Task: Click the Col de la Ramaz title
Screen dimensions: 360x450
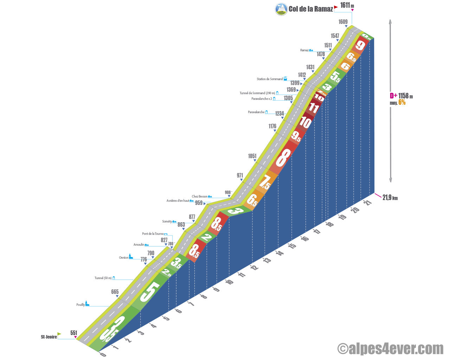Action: (x=310, y=9)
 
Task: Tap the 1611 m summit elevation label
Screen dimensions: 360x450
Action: (x=347, y=5)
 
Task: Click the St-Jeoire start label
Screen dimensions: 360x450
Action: (x=49, y=337)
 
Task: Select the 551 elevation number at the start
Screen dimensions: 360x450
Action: (x=73, y=333)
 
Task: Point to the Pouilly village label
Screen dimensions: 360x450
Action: (x=81, y=305)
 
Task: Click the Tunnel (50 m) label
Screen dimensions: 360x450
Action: (x=103, y=278)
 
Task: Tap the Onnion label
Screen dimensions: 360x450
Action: (x=123, y=258)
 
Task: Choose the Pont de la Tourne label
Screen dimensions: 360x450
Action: (x=153, y=234)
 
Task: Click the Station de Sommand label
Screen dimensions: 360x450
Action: (x=269, y=79)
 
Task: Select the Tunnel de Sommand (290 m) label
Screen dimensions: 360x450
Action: (x=257, y=93)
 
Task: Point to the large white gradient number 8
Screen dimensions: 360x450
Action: (x=283, y=158)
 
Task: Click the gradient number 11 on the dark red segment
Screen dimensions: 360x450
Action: (x=313, y=108)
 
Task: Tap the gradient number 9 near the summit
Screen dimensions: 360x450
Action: (x=360, y=45)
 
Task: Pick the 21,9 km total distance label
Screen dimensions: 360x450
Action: (x=390, y=198)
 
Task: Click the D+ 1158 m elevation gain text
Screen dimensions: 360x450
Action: (x=401, y=96)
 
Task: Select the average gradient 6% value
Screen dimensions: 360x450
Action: (x=402, y=103)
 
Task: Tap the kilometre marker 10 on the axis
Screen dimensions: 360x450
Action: (x=230, y=282)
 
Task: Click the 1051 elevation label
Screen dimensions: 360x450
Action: (x=252, y=156)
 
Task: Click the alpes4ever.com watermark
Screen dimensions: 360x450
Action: (x=390, y=349)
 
